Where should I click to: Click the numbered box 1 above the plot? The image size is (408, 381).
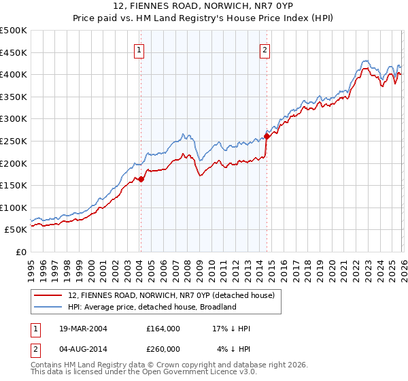tap(139, 49)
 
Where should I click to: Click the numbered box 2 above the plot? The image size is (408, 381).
tap(265, 49)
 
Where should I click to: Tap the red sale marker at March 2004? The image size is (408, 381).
tap(141, 180)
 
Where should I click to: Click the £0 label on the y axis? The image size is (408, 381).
tap(20, 252)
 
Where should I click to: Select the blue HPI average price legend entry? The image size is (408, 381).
tap(151, 307)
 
